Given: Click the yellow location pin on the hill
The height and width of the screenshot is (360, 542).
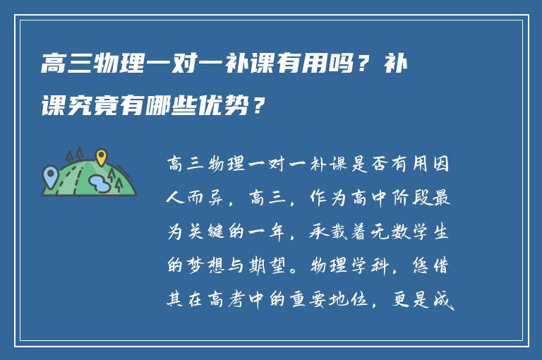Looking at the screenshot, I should [101, 156].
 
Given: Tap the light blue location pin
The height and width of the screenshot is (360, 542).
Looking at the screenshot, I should [50, 174].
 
